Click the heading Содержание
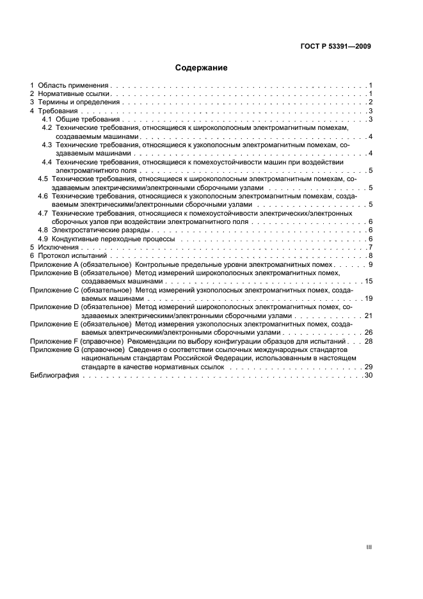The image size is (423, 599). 201,67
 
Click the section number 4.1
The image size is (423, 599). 47,120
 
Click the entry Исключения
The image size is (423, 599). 58,247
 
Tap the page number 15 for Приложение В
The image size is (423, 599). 369,281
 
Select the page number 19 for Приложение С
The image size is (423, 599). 369,298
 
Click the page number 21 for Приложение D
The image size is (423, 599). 369,315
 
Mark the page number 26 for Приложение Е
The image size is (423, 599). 369,333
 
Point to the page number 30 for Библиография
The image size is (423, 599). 369,376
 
